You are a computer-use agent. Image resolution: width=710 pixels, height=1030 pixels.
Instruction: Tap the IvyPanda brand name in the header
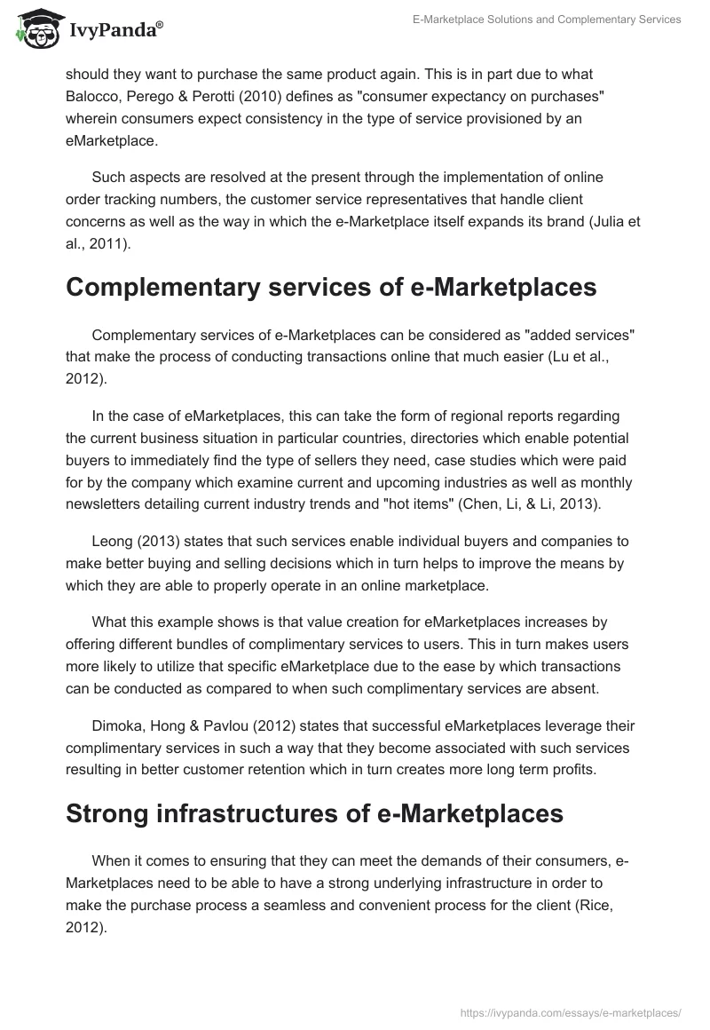coord(114,29)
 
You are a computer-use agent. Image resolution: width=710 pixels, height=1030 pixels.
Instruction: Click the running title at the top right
coord(547,20)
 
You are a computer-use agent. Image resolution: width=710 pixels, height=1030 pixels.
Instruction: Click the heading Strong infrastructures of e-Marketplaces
coord(314,813)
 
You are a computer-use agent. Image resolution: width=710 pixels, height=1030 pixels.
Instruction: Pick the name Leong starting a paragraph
coord(113,542)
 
